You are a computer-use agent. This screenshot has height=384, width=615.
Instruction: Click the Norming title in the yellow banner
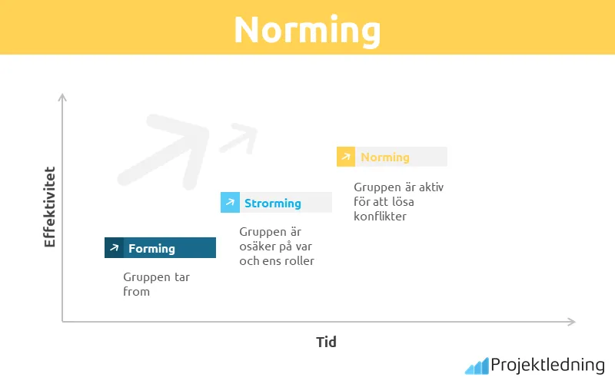(x=307, y=29)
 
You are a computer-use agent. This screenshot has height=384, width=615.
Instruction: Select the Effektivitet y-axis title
(x=50, y=207)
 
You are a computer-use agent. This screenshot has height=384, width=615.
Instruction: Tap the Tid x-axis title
(x=326, y=342)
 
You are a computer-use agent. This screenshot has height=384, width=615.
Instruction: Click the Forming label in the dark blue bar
(x=151, y=248)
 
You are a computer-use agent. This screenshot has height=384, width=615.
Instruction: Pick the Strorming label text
(x=272, y=203)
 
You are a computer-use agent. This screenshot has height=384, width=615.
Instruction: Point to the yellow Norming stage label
(x=384, y=157)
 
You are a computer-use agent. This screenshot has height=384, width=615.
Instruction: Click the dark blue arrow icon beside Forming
(x=114, y=248)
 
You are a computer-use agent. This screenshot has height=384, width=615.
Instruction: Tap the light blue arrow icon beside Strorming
(x=230, y=203)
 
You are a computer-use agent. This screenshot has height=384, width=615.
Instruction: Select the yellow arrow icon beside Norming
(x=346, y=157)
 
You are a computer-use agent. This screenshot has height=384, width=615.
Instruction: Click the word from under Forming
(x=137, y=291)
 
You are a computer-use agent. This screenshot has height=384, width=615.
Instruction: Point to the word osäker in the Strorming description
(x=258, y=246)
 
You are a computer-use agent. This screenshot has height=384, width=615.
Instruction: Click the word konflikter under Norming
(x=380, y=216)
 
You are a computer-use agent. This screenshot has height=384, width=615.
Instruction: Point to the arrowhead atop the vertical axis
(x=62, y=98)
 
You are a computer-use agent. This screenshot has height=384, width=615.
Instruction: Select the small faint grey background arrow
(x=238, y=138)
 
